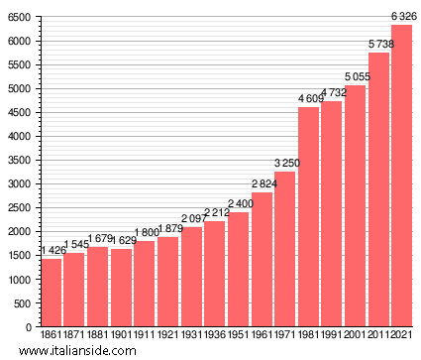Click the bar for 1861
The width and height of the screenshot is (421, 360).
51,293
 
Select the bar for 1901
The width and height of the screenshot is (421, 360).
121,288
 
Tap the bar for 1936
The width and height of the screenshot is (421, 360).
215,274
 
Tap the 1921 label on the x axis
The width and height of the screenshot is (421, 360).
168,334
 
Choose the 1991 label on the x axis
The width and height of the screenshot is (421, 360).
332,334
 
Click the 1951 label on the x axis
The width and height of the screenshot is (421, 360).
239,334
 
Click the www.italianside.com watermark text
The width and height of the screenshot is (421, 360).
77,350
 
